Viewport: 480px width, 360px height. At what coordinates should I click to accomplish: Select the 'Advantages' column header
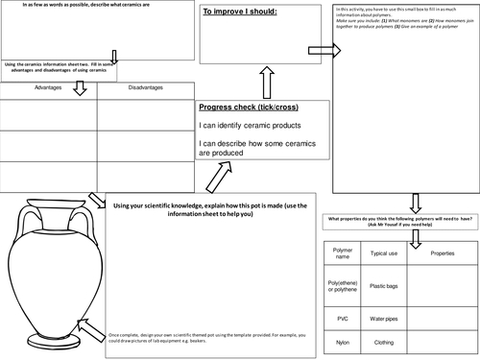(48, 88)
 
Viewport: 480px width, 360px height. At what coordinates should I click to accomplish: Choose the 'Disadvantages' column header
(145, 88)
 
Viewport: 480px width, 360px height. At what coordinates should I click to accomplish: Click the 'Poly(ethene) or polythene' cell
(344, 286)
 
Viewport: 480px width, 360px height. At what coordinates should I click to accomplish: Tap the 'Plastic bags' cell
(385, 286)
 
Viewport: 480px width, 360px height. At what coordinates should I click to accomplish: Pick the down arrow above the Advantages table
(81, 89)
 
